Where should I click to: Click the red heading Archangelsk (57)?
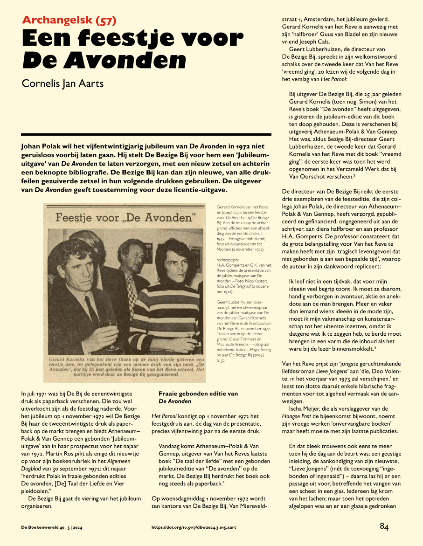coord(69,20)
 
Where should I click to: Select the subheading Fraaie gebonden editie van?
coord(198,394)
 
